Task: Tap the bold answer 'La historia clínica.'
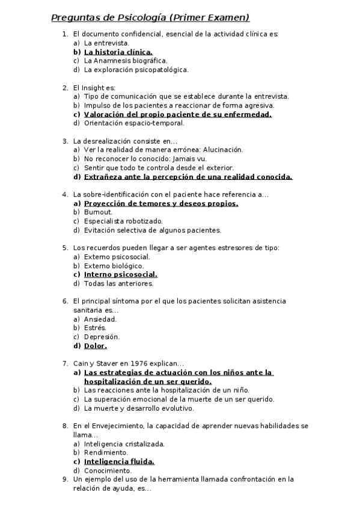pyautogui.click(x=118, y=52)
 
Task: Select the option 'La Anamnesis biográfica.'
pyautogui.click(x=126, y=61)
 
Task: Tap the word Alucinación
pyautogui.click(x=222, y=150)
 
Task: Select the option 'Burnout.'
pyautogui.click(x=98, y=212)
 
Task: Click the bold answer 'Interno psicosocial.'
pyautogui.click(x=117, y=275)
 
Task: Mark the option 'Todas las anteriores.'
pyautogui.click(x=118, y=283)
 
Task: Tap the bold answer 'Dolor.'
pyautogui.click(x=96, y=346)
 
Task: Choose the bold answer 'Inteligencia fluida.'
pyautogui.click(x=119, y=462)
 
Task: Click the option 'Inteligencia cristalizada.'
pyautogui.click(x=124, y=444)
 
